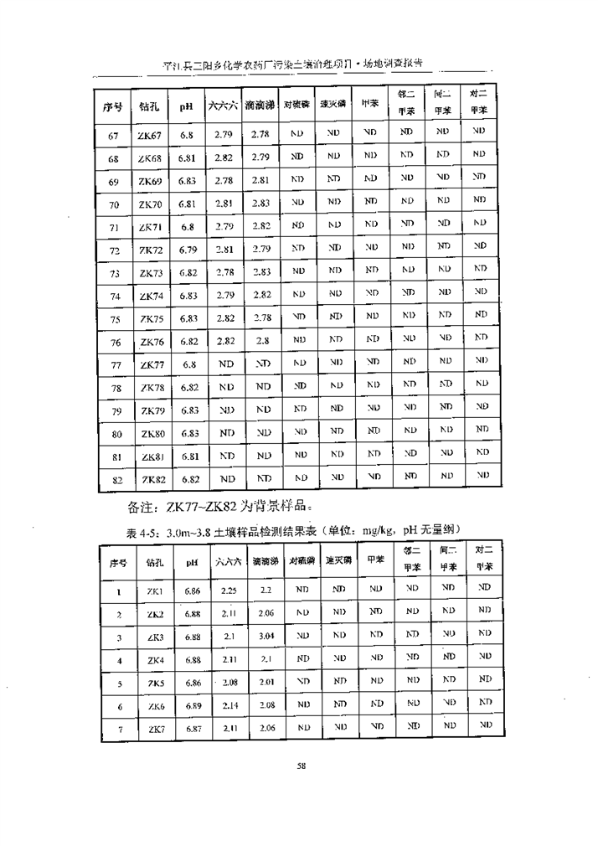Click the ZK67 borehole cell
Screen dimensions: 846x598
click(151, 134)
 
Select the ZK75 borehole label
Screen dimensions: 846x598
click(151, 319)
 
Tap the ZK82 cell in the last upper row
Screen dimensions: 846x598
click(151, 480)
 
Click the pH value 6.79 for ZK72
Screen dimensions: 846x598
click(188, 250)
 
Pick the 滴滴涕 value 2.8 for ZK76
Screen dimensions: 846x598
click(260, 342)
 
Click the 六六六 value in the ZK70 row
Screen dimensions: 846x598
click(224, 203)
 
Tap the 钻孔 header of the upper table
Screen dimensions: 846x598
click(151, 106)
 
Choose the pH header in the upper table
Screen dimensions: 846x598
click(188, 106)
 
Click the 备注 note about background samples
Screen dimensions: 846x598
click(220, 507)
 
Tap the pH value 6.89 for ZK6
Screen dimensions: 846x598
click(193, 706)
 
